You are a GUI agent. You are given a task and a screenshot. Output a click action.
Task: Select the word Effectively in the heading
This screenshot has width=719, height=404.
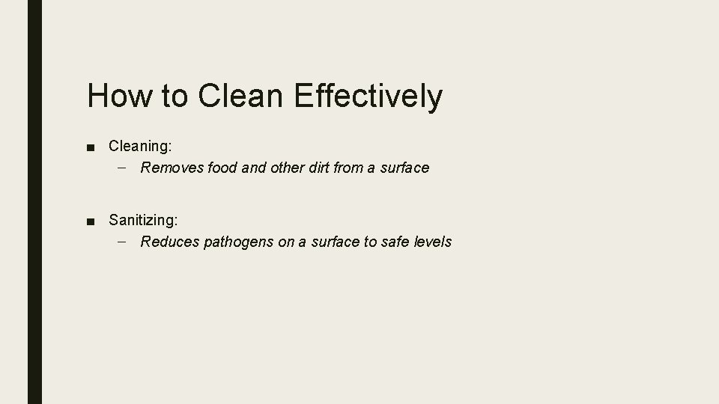(x=368, y=97)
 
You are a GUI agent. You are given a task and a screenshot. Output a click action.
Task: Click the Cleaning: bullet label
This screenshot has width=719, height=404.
(x=140, y=145)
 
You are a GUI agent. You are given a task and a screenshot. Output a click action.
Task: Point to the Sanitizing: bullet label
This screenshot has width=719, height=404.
(x=143, y=220)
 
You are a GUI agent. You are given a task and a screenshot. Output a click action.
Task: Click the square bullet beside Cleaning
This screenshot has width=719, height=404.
(x=91, y=146)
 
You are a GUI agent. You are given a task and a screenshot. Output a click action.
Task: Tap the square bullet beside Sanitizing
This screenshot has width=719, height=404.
(x=91, y=221)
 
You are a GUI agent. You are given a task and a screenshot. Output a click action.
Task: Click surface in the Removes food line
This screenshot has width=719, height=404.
(x=404, y=168)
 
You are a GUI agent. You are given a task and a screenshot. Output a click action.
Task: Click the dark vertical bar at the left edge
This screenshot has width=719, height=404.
(x=34, y=202)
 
